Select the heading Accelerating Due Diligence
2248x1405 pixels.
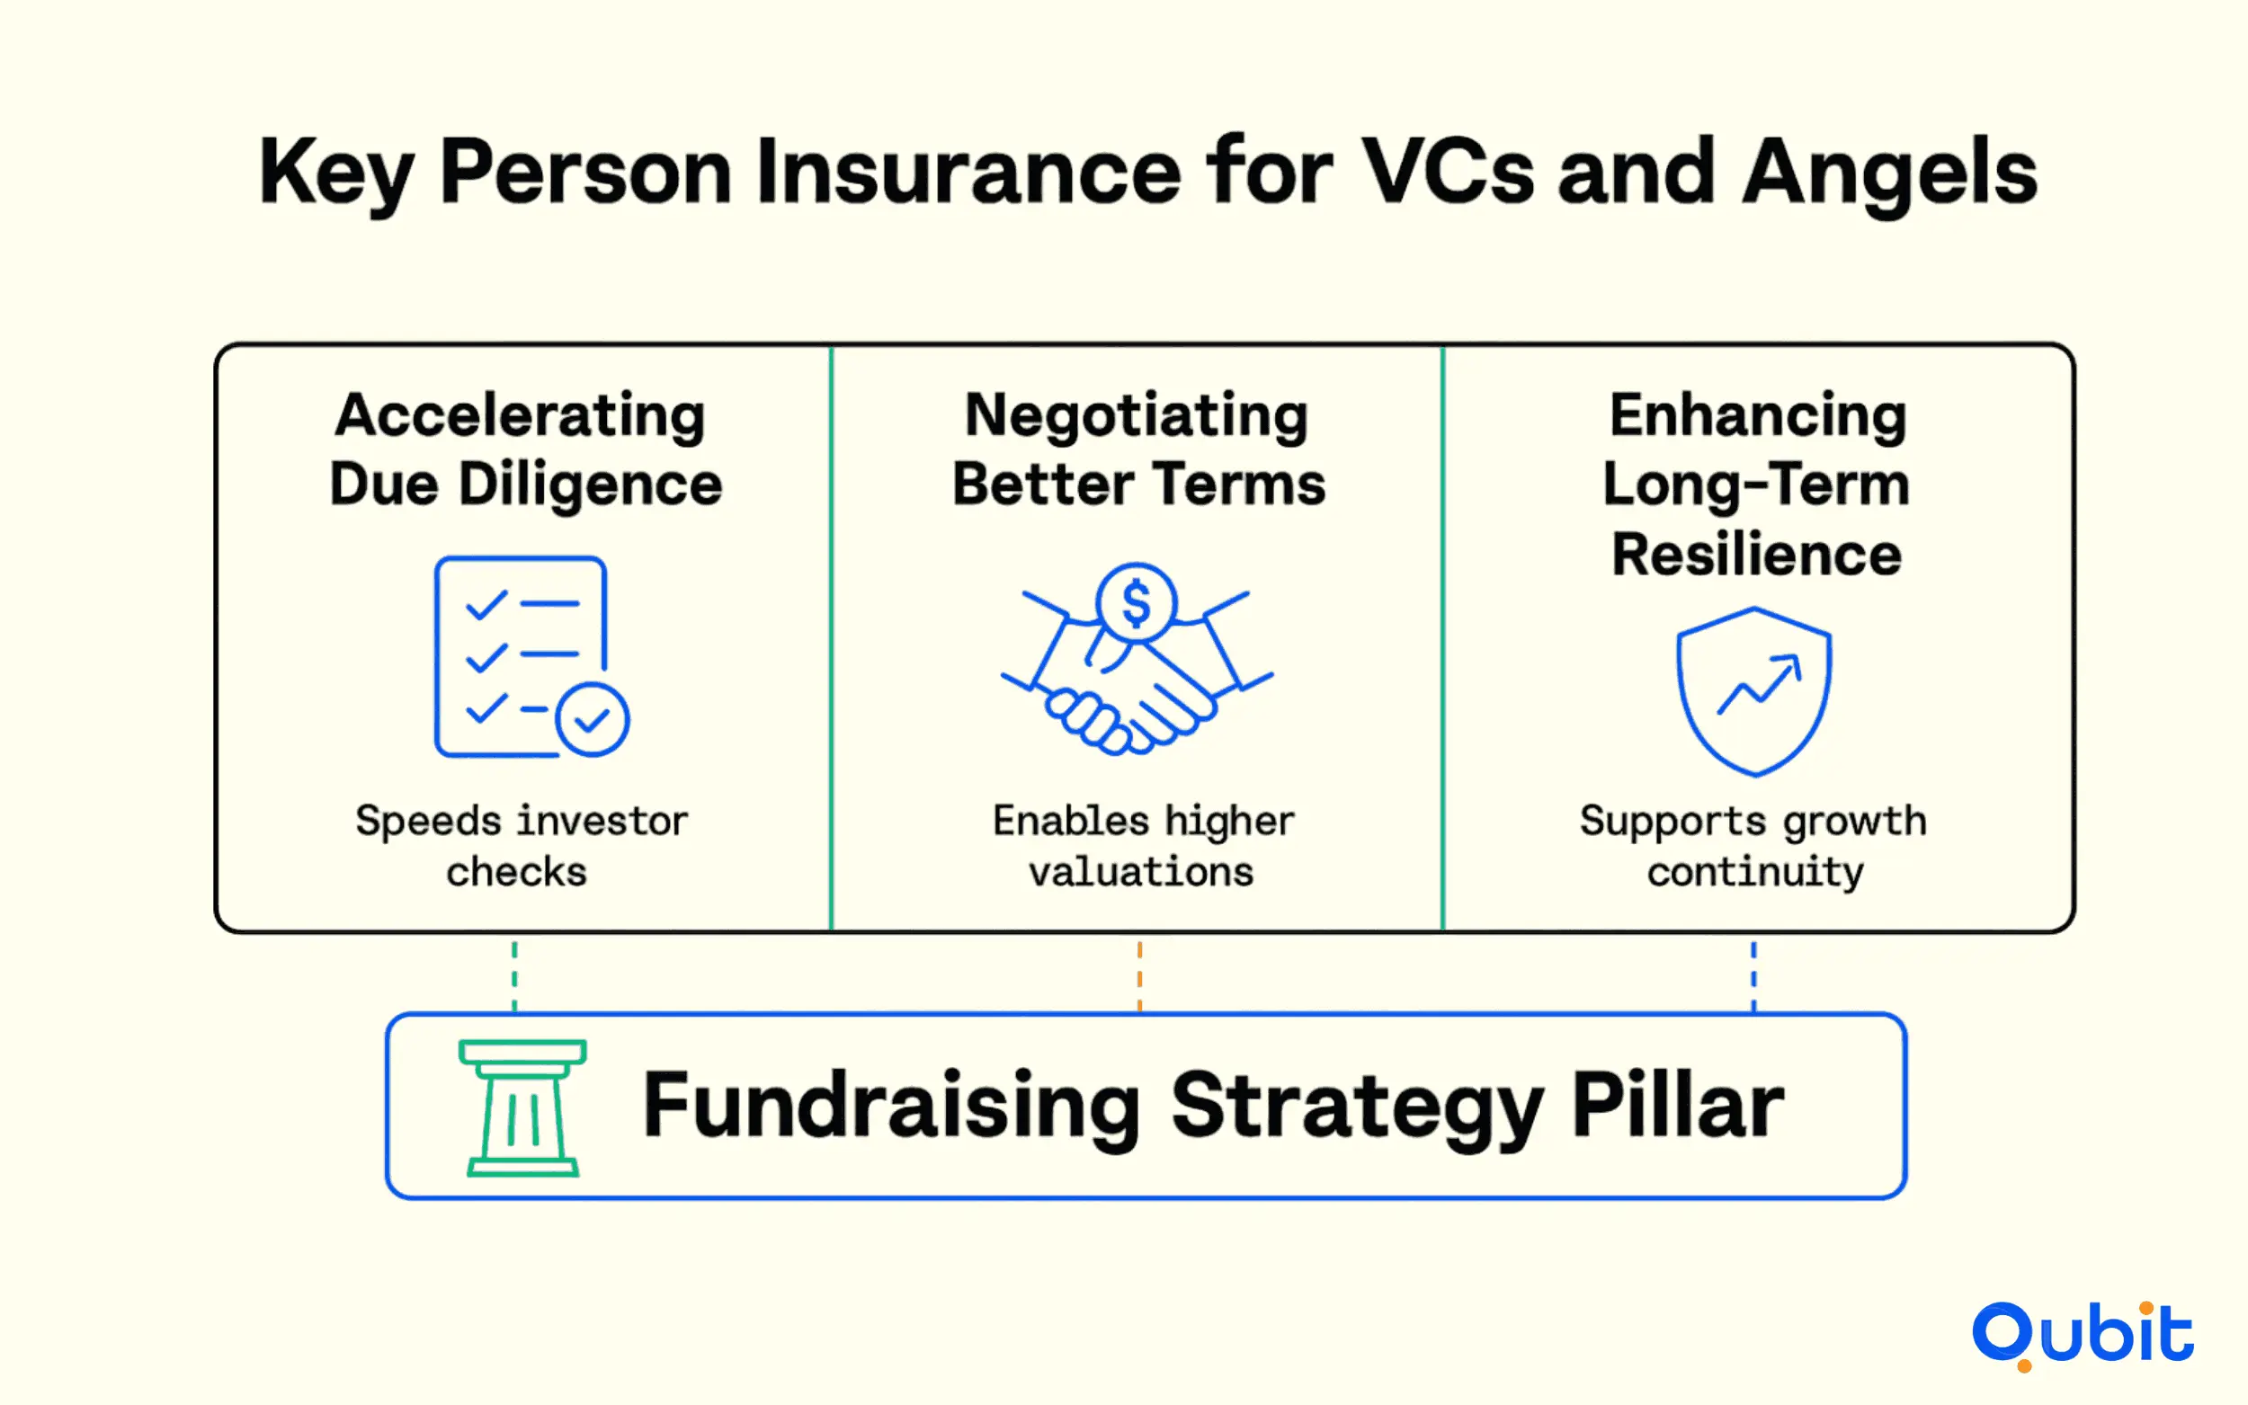525,449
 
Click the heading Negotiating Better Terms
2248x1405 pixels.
1138,449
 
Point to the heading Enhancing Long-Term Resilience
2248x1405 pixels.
1756,485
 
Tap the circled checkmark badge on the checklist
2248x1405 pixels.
592,719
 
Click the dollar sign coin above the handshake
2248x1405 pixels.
1137,603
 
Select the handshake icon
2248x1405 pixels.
1137,660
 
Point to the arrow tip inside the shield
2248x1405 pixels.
1799,656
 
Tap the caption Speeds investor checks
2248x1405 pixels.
521,847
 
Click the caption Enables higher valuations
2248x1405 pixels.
1142,847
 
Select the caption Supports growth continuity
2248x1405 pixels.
1753,847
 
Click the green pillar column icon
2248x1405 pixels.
522,1107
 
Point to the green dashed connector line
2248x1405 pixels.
515,975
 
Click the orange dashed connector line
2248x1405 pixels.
1139,975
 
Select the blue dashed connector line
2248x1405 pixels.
1753,975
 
